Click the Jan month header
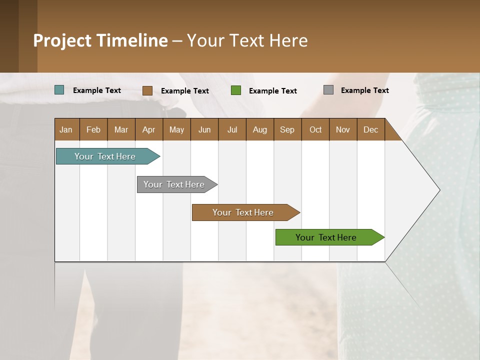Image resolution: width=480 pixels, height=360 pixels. click(66, 129)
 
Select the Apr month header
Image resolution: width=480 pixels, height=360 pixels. click(149, 129)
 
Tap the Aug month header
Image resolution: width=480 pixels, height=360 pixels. click(259, 129)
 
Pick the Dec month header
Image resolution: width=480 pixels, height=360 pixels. click(370, 129)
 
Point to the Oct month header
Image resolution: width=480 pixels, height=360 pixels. click(315, 129)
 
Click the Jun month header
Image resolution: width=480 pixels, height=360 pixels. click(204, 129)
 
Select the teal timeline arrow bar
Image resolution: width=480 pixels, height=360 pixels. click(105, 156)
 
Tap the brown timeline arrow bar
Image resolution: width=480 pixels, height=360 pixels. click(243, 212)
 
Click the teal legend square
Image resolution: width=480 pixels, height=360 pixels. click(59, 90)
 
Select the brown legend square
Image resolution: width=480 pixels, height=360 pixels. click(147, 90)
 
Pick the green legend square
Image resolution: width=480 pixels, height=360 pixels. click(236, 90)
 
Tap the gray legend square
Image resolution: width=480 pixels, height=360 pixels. click(328, 90)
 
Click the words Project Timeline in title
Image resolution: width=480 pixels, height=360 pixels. click(100, 40)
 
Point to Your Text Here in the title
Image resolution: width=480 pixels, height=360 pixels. click(247, 40)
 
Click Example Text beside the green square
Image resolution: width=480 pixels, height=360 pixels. click(272, 90)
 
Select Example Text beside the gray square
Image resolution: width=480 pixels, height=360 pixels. click(364, 90)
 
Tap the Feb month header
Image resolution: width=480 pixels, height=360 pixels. click(93, 129)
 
